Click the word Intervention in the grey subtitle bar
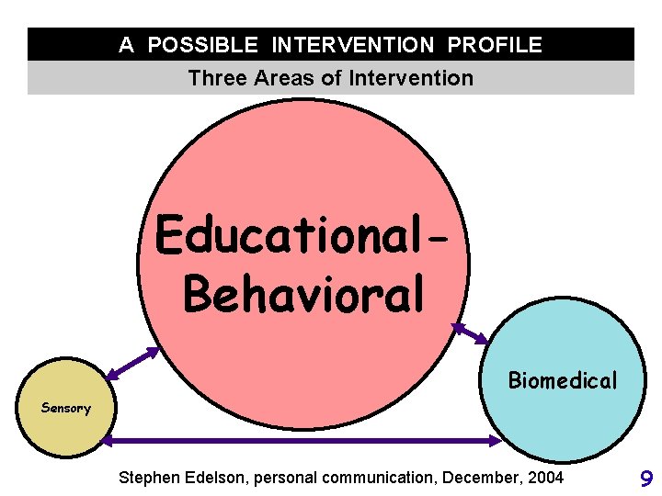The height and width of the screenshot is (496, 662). pyautogui.click(x=412, y=78)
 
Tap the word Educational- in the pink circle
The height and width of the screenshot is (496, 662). pyautogui.click(x=303, y=236)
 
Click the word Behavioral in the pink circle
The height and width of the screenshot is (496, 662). pyautogui.click(x=304, y=293)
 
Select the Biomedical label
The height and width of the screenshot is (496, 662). pyautogui.click(x=563, y=380)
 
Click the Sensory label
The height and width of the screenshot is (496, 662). pyautogui.click(x=65, y=408)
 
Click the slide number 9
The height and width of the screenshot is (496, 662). pyautogui.click(x=645, y=478)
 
